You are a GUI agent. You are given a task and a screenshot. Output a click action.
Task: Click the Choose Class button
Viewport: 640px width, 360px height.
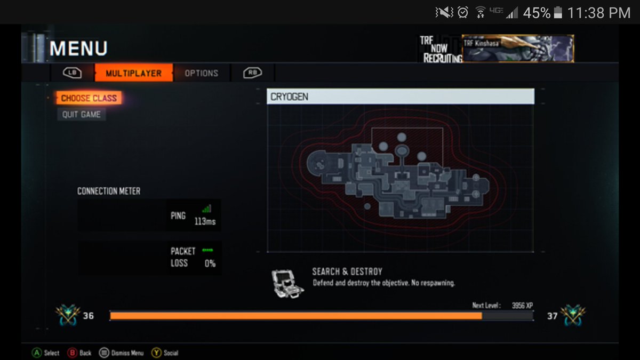(89, 98)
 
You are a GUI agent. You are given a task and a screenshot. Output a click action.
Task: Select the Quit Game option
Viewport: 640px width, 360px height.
(81, 115)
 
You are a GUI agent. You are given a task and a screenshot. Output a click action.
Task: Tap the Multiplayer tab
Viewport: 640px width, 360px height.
(133, 73)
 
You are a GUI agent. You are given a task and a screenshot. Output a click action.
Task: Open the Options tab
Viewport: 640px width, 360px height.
(201, 73)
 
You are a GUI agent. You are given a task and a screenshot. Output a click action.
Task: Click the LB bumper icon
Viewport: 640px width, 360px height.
(72, 73)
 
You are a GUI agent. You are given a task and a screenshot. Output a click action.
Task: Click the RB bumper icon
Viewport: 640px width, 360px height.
(252, 73)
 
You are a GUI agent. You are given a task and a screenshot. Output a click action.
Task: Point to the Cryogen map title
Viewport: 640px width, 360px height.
(290, 97)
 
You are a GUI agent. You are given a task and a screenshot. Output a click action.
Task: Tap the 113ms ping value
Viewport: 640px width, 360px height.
(205, 221)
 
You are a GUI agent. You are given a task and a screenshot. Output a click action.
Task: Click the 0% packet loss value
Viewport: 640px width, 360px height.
(210, 263)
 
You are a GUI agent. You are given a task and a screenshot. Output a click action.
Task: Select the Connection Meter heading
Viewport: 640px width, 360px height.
(109, 191)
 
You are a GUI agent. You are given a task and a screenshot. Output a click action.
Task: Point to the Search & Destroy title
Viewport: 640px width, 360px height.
(347, 271)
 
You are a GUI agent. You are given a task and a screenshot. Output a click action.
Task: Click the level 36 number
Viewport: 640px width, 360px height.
(89, 316)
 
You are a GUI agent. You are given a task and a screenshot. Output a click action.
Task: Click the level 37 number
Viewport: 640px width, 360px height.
(552, 316)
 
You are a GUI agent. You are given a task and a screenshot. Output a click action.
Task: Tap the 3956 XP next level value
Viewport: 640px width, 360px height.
(522, 306)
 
